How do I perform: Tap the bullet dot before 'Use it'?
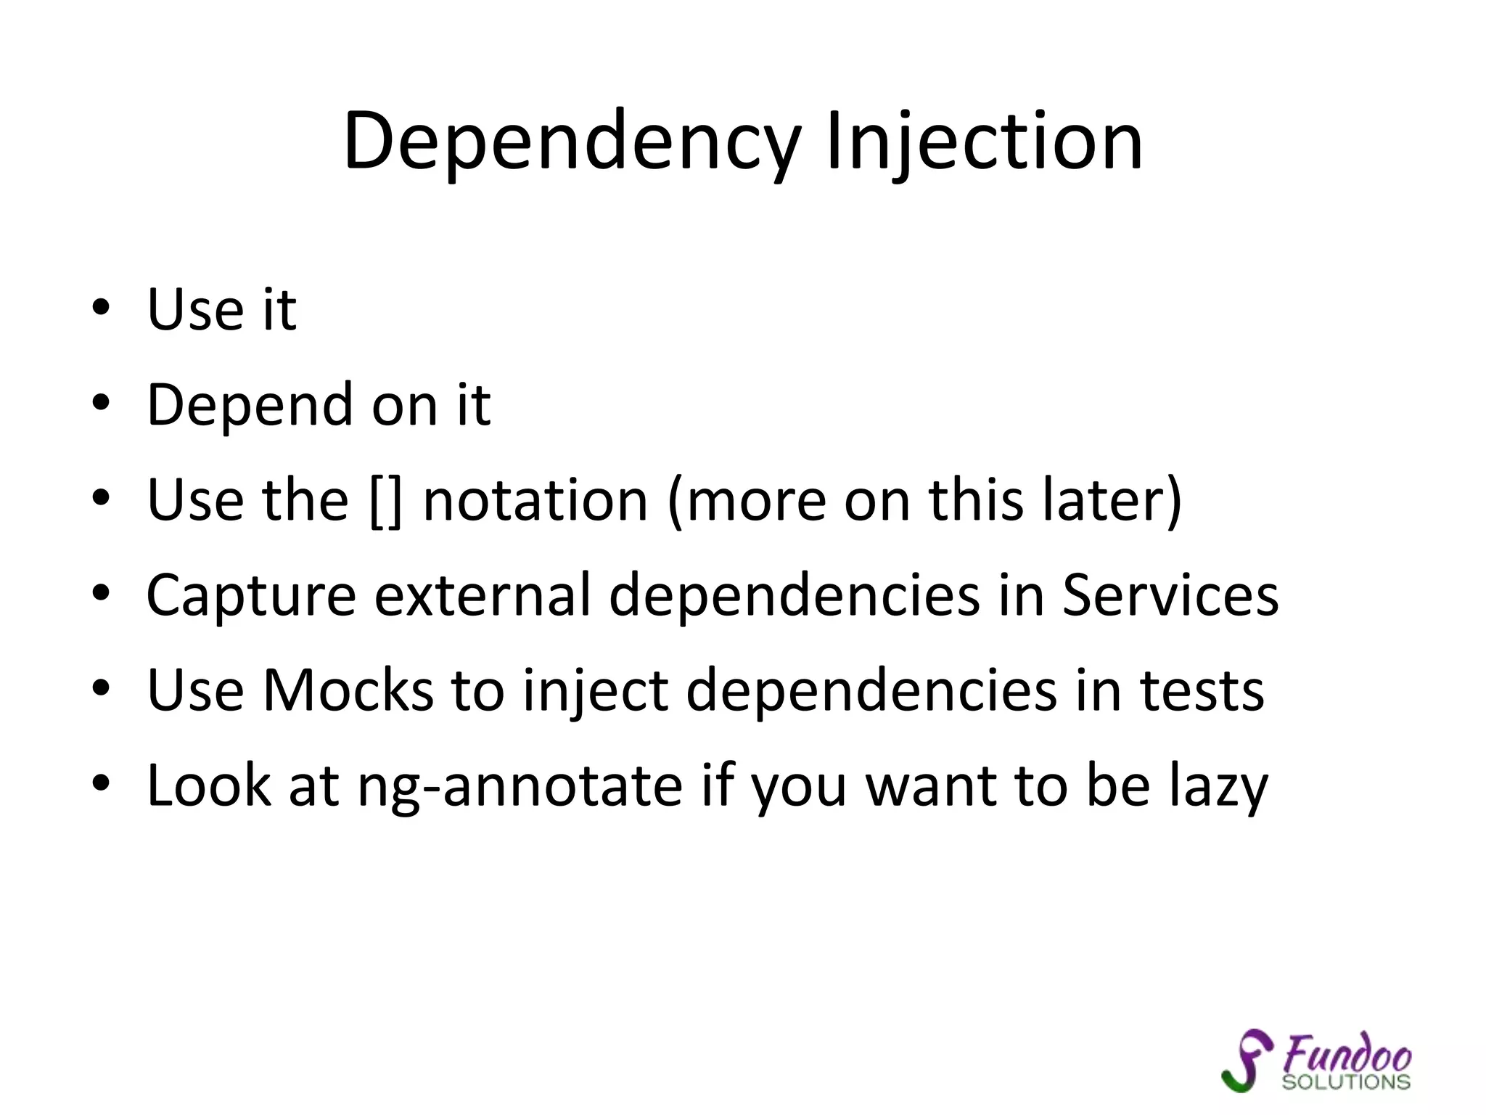101,307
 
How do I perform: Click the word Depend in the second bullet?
250,405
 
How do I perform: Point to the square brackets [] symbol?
385,501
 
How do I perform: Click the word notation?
535,501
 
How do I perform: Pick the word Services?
1170,595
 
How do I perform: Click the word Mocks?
348,690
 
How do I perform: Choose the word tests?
1202,690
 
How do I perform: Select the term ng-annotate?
520,787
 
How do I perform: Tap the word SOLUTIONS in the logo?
1346,1082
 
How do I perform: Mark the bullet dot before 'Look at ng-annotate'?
101,784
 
